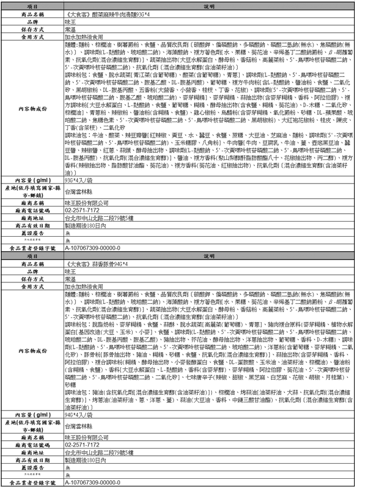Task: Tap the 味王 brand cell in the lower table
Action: tap(70, 271)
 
